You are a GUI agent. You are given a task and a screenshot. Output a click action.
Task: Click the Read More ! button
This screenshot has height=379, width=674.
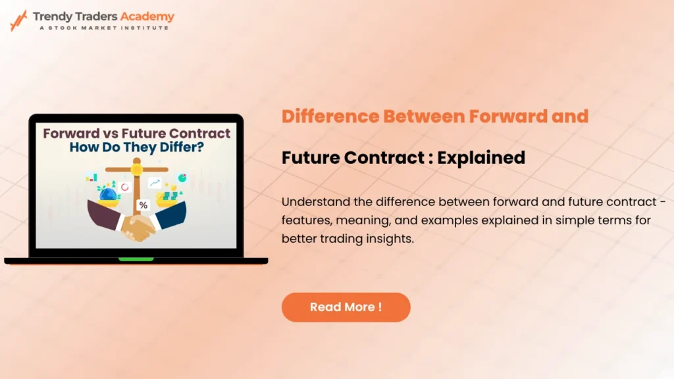(x=346, y=307)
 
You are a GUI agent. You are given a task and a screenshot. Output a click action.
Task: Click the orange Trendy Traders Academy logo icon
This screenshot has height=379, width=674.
(x=18, y=20)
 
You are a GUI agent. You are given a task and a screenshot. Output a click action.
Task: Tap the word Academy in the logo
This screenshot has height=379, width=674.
(x=147, y=16)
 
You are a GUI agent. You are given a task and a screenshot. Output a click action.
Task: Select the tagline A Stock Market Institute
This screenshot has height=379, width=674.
(x=105, y=28)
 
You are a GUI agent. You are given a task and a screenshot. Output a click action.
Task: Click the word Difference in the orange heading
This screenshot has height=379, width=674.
(x=330, y=116)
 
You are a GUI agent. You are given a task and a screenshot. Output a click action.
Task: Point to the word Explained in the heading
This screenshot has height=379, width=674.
(x=481, y=158)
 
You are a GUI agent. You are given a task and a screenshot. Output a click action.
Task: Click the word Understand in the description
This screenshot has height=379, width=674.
(x=315, y=201)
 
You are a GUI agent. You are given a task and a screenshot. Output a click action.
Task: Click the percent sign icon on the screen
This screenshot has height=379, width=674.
(x=143, y=205)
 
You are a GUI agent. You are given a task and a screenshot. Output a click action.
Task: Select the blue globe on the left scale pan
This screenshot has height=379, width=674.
(x=108, y=195)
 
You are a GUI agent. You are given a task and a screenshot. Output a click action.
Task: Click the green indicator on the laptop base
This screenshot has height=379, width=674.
(x=136, y=259)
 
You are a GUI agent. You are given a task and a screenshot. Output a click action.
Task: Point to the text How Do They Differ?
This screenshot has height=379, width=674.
(x=137, y=147)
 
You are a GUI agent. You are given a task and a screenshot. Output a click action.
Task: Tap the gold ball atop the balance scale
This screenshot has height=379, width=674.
(x=137, y=170)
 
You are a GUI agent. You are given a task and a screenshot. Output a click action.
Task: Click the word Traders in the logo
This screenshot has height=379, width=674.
(x=96, y=16)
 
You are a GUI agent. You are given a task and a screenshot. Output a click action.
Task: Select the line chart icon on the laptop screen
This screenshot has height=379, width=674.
(x=154, y=183)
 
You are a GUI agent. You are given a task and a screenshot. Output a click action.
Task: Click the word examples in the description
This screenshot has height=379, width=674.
(x=449, y=220)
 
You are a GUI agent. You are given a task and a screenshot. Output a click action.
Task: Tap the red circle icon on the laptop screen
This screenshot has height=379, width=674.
(x=124, y=187)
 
